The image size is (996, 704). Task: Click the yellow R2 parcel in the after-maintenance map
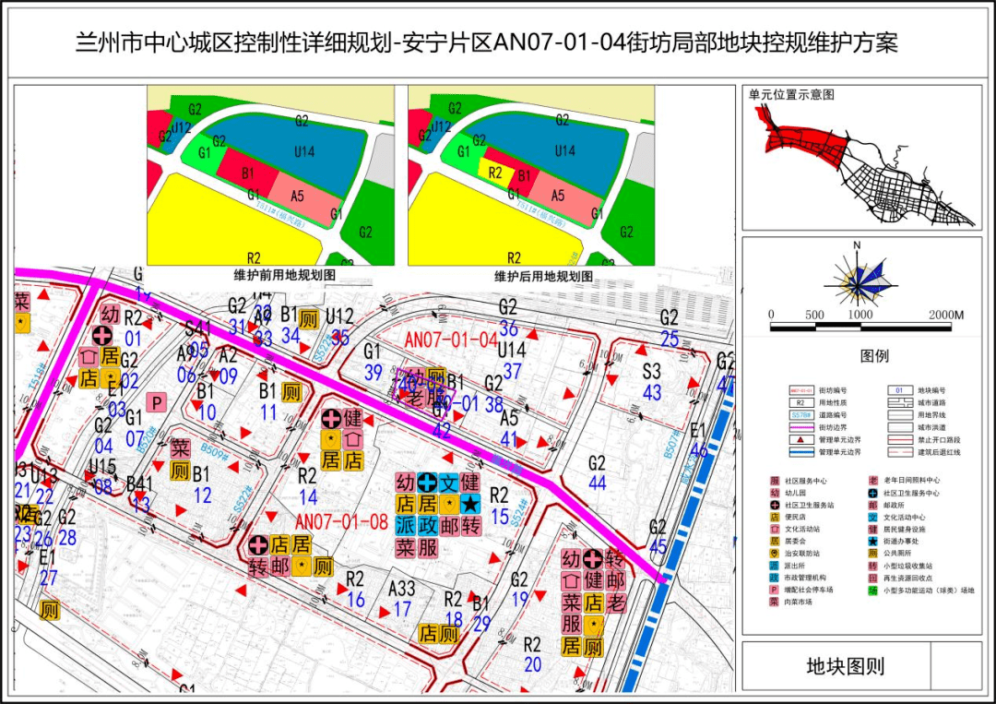pos(494,172)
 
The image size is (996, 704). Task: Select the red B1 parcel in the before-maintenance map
pos(247,173)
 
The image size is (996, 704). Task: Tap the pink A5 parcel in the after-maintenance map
pos(557,195)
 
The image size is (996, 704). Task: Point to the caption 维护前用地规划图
pos(271,276)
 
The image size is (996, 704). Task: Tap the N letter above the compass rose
pos(857,245)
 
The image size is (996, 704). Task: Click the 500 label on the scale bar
pos(815,315)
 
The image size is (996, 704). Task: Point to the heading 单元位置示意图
pos(791,95)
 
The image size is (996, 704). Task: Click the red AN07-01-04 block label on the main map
pos(451,340)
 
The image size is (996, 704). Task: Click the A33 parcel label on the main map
pos(401,588)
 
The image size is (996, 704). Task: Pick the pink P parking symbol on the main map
pos(157,402)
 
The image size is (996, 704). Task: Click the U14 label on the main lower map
pos(511,351)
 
